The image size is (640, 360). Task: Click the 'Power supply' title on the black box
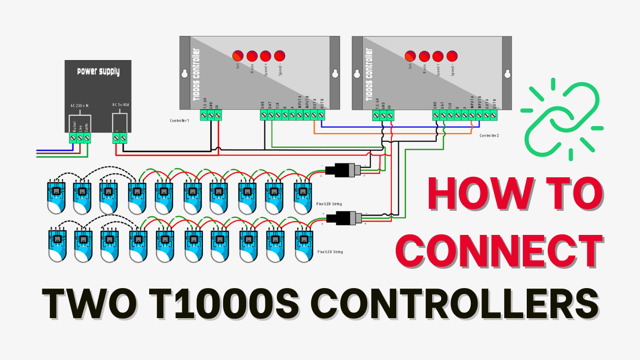tap(98, 72)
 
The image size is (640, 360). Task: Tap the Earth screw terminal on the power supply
tap(87, 139)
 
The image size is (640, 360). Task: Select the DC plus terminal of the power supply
tap(116, 139)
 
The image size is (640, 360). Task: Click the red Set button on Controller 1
tap(238, 56)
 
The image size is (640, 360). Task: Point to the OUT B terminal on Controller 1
tap(321, 115)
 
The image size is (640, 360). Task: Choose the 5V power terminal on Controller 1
tap(218, 115)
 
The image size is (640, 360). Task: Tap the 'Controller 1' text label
tap(179, 121)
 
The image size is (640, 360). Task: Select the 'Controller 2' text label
tap(489, 135)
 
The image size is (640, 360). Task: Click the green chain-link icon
tap(562, 119)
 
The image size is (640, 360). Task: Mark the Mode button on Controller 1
tap(252, 56)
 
